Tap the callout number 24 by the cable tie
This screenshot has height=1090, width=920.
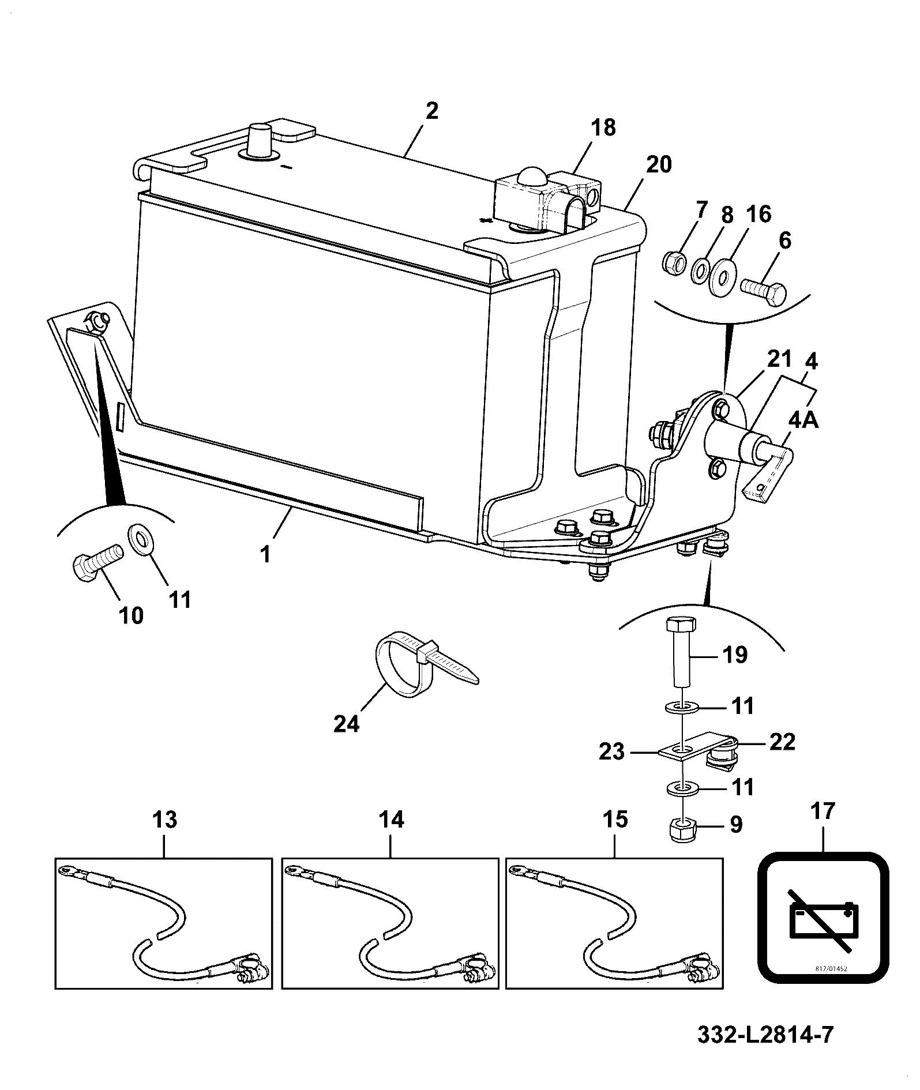click(x=347, y=723)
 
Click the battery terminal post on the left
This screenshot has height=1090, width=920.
click(x=258, y=140)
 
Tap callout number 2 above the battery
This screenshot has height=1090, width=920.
click(x=431, y=110)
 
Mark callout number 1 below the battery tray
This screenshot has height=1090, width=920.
click(x=266, y=554)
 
